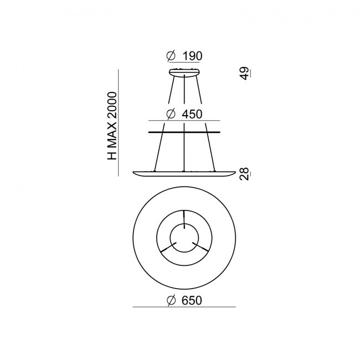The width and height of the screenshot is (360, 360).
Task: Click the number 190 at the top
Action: coord(192,56)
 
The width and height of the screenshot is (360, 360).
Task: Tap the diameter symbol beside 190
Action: coord(171,56)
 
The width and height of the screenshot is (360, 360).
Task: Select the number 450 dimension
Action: coord(192,114)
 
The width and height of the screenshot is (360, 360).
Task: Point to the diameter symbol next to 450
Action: coord(171,114)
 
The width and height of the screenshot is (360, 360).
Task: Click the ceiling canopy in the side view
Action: coord(184,72)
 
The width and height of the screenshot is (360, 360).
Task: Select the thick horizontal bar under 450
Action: coord(184,132)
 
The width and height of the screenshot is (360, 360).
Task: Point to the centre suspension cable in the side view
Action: coord(184,150)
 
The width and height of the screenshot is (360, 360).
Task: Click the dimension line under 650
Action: coord(184,307)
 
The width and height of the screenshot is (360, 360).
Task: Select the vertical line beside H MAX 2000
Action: coord(119,122)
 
